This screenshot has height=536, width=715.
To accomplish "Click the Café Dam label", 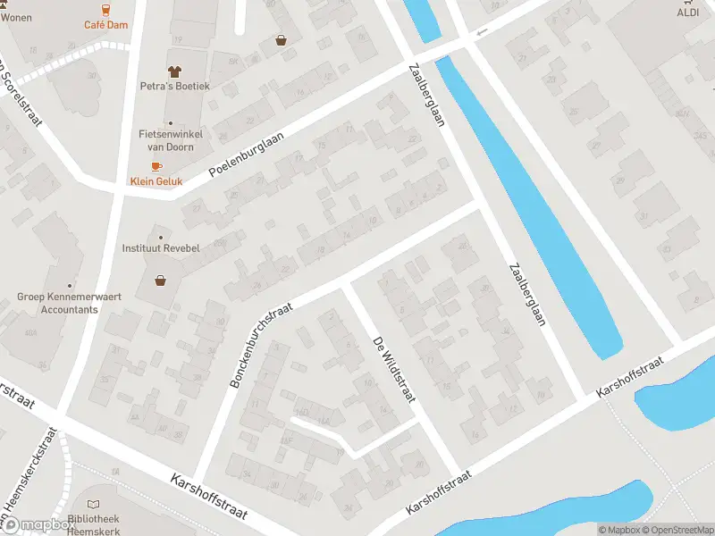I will [105, 25].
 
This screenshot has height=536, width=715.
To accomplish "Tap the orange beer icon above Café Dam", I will [105, 9].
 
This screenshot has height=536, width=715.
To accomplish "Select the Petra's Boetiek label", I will [174, 86].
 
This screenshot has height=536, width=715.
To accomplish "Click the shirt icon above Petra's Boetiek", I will [174, 70].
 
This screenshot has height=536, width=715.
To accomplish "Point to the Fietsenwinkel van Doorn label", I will [171, 139].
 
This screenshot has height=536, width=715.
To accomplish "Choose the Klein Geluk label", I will [156, 181].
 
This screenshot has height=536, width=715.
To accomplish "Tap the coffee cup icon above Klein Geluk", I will [156, 166].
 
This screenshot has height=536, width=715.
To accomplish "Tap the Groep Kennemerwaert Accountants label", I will [57, 303].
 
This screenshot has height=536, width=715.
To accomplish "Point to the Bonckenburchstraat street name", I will [262, 345].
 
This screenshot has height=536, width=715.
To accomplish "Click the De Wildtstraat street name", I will [392, 365].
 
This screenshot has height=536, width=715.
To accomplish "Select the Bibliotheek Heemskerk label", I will [95, 525].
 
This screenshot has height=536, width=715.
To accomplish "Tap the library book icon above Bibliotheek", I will [95, 505].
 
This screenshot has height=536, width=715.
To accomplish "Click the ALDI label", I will [687, 13].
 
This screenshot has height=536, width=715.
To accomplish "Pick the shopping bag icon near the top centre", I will [282, 40].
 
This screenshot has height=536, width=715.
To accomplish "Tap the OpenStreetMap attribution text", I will [681, 530].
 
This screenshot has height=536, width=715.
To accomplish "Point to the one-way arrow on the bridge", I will [483, 33].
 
